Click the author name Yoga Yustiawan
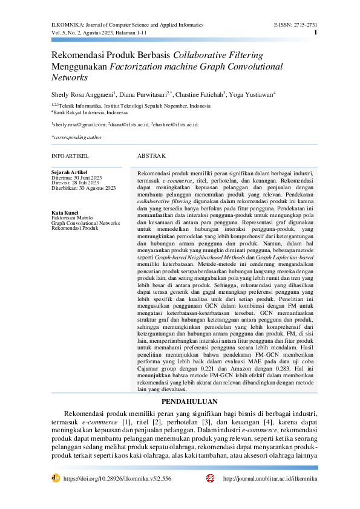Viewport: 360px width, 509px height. (252, 94)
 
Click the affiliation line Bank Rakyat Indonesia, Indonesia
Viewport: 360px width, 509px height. (90, 112)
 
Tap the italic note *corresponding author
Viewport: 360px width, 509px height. (77, 137)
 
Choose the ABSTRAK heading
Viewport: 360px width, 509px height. (151, 156)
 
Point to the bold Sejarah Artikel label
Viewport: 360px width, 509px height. (70, 172)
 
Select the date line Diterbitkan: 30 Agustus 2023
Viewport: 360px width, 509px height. (83, 189)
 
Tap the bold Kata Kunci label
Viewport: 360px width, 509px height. (65, 213)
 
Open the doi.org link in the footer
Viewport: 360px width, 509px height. (117, 478)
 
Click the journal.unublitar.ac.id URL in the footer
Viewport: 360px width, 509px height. (270, 478)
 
